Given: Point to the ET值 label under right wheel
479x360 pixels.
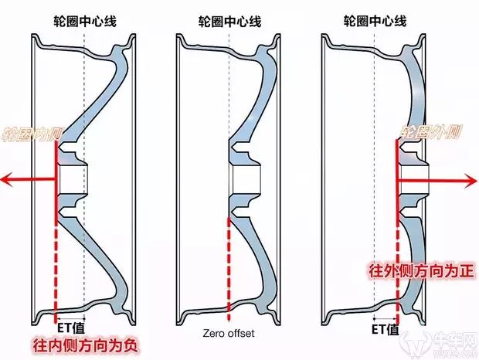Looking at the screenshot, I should coord(384,330).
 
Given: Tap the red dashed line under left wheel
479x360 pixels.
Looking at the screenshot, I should coord(56,270).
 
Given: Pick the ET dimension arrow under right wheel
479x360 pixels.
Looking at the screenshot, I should coord(384,318).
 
